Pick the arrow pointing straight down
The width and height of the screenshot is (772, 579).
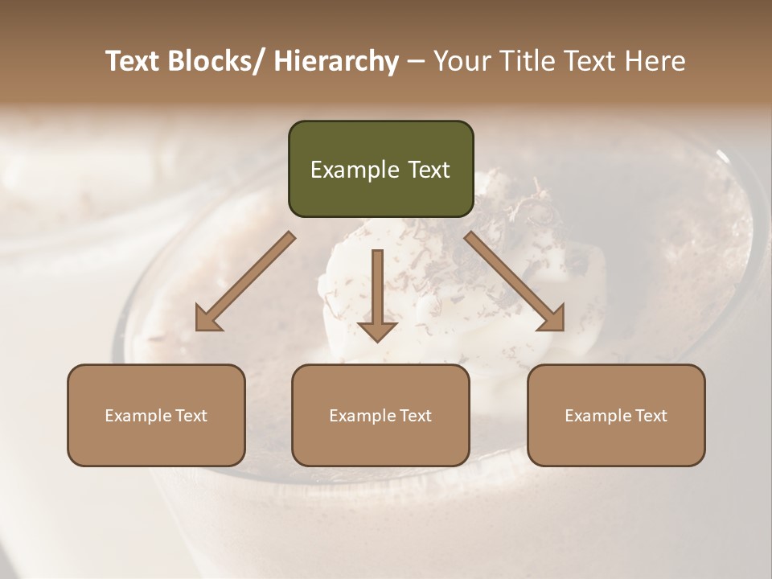point(377,294)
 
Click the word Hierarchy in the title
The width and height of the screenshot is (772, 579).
point(335,62)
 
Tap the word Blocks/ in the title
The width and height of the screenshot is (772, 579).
point(220,61)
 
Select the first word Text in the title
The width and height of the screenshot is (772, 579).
point(133,61)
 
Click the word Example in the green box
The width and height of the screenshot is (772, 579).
point(354,170)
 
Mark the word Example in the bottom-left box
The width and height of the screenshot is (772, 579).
point(138,416)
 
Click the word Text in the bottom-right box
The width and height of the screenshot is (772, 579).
point(651,416)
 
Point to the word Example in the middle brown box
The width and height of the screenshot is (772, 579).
point(362,416)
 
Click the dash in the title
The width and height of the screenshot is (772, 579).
point(416,62)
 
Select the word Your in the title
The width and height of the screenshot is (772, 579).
point(459,61)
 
